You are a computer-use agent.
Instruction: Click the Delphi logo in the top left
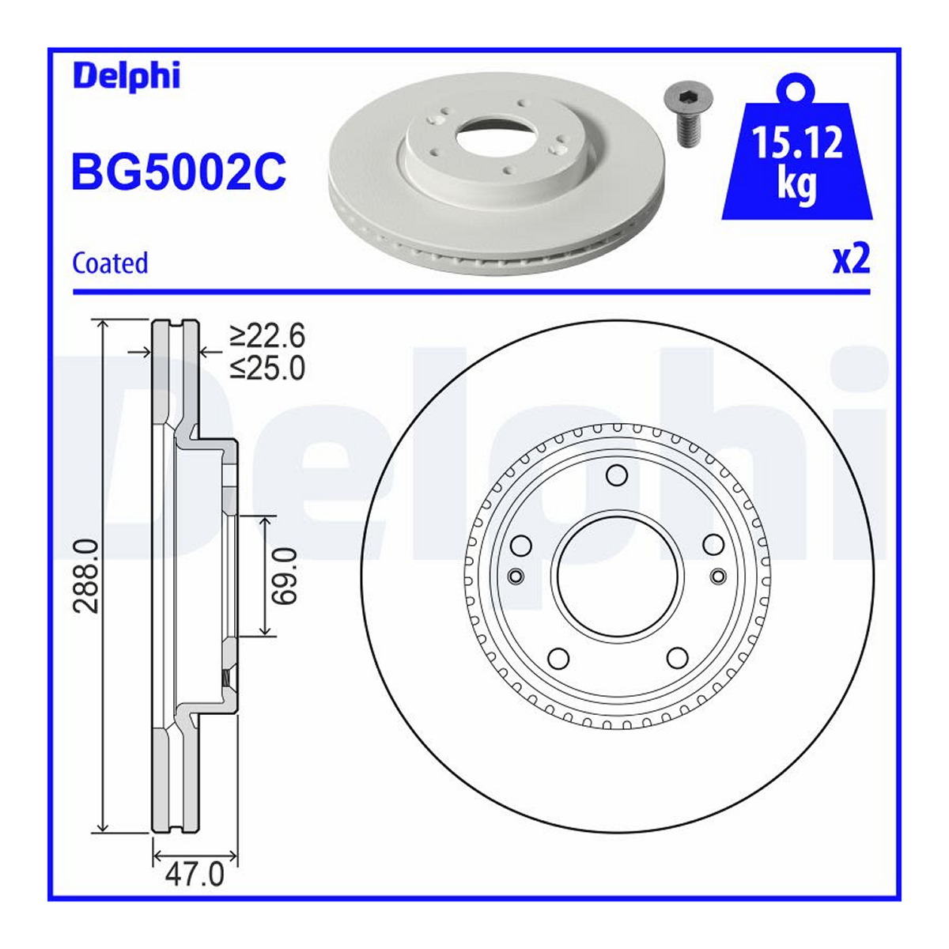(127, 77)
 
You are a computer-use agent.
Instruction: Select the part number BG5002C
(179, 172)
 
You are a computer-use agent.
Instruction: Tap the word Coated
(110, 263)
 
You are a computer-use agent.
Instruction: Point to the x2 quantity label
(851, 260)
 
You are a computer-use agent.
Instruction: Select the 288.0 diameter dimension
(86, 577)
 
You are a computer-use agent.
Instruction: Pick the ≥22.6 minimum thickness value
(267, 336)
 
